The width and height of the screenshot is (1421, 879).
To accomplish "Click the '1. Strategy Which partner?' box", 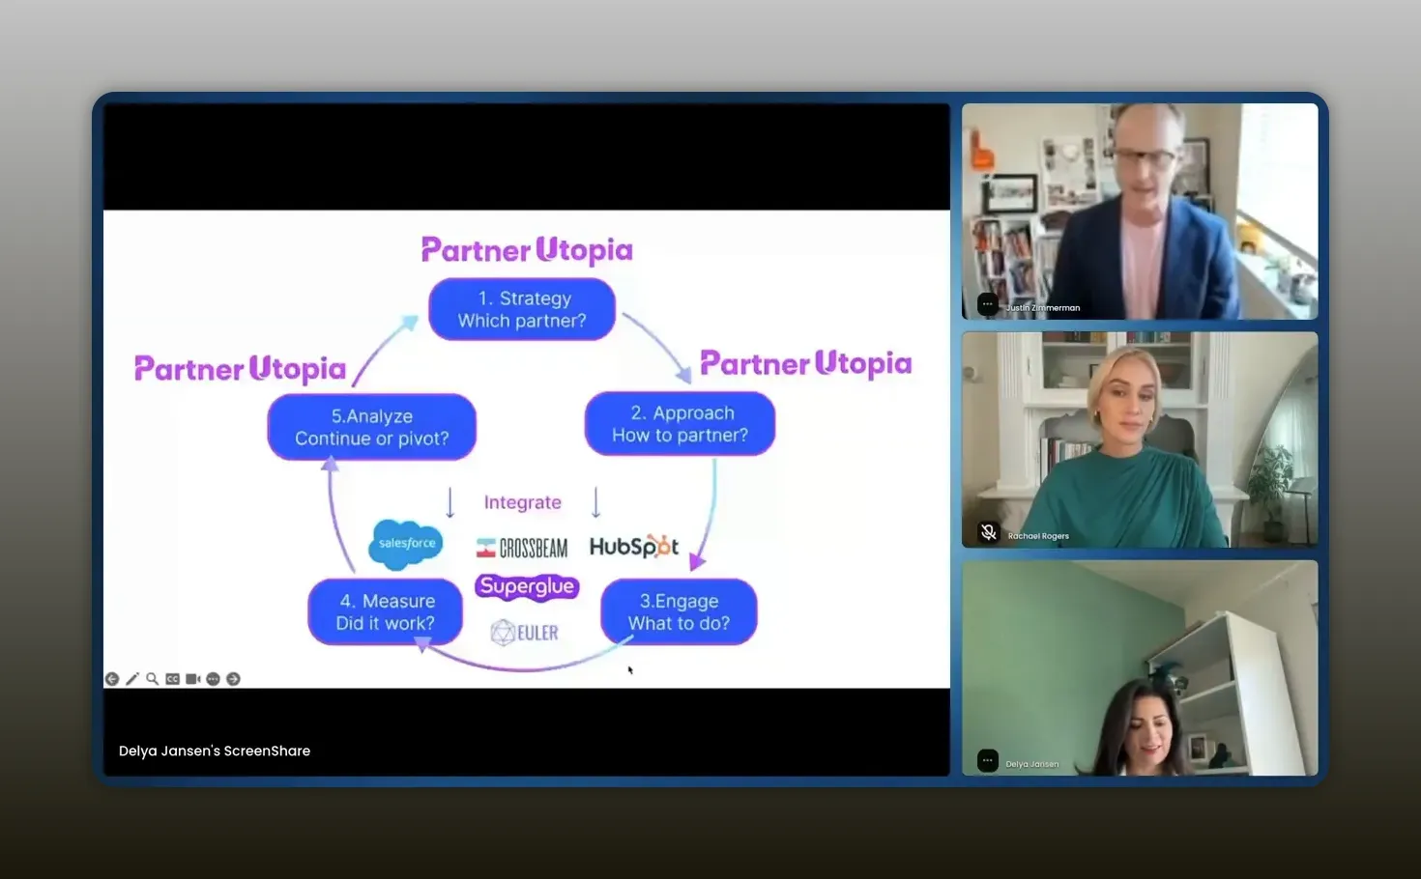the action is point(521,309).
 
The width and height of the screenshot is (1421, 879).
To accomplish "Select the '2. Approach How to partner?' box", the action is point(680,423).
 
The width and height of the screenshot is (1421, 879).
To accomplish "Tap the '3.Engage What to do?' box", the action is point(679,611).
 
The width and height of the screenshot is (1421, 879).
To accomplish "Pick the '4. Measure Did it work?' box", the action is point(385,611).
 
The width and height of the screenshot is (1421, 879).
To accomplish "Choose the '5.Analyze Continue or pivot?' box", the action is point(372,427).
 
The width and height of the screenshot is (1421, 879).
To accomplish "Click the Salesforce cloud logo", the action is point(406,545).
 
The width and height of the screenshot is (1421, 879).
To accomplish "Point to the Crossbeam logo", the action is point(521,548).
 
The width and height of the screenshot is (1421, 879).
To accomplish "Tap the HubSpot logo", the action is point(634,546).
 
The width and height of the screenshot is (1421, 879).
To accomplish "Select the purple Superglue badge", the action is point(527,587).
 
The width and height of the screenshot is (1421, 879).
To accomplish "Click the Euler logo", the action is point(525,633).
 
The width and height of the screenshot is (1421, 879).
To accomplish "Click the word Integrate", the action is point(523,502).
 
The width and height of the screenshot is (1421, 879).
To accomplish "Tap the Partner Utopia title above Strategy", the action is point(527,250).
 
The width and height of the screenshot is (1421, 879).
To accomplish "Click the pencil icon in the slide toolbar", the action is point(131,679).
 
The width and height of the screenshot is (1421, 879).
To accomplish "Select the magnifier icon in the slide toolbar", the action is point(153,679).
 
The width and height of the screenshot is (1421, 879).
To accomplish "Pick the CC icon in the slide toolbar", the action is point(172,679).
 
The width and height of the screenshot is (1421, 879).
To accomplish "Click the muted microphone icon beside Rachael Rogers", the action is point(988,532).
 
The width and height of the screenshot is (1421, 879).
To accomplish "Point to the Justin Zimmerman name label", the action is point(1043,308).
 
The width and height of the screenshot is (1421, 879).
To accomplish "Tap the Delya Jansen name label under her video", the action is point(1032,764).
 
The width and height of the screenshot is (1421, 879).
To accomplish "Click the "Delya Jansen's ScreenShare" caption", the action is point(215,751).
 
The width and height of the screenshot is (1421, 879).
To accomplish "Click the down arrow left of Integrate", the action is point(449,502).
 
